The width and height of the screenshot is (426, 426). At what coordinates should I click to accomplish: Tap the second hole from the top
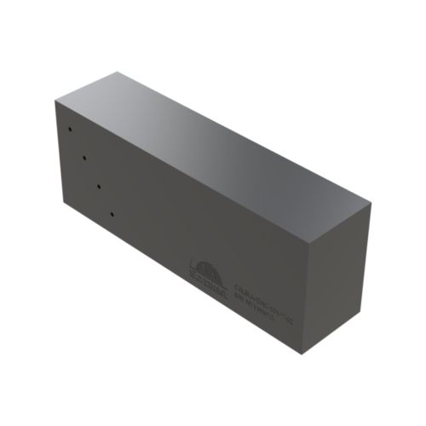pos(83,158)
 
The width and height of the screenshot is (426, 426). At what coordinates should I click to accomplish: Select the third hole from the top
pos(99,185)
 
